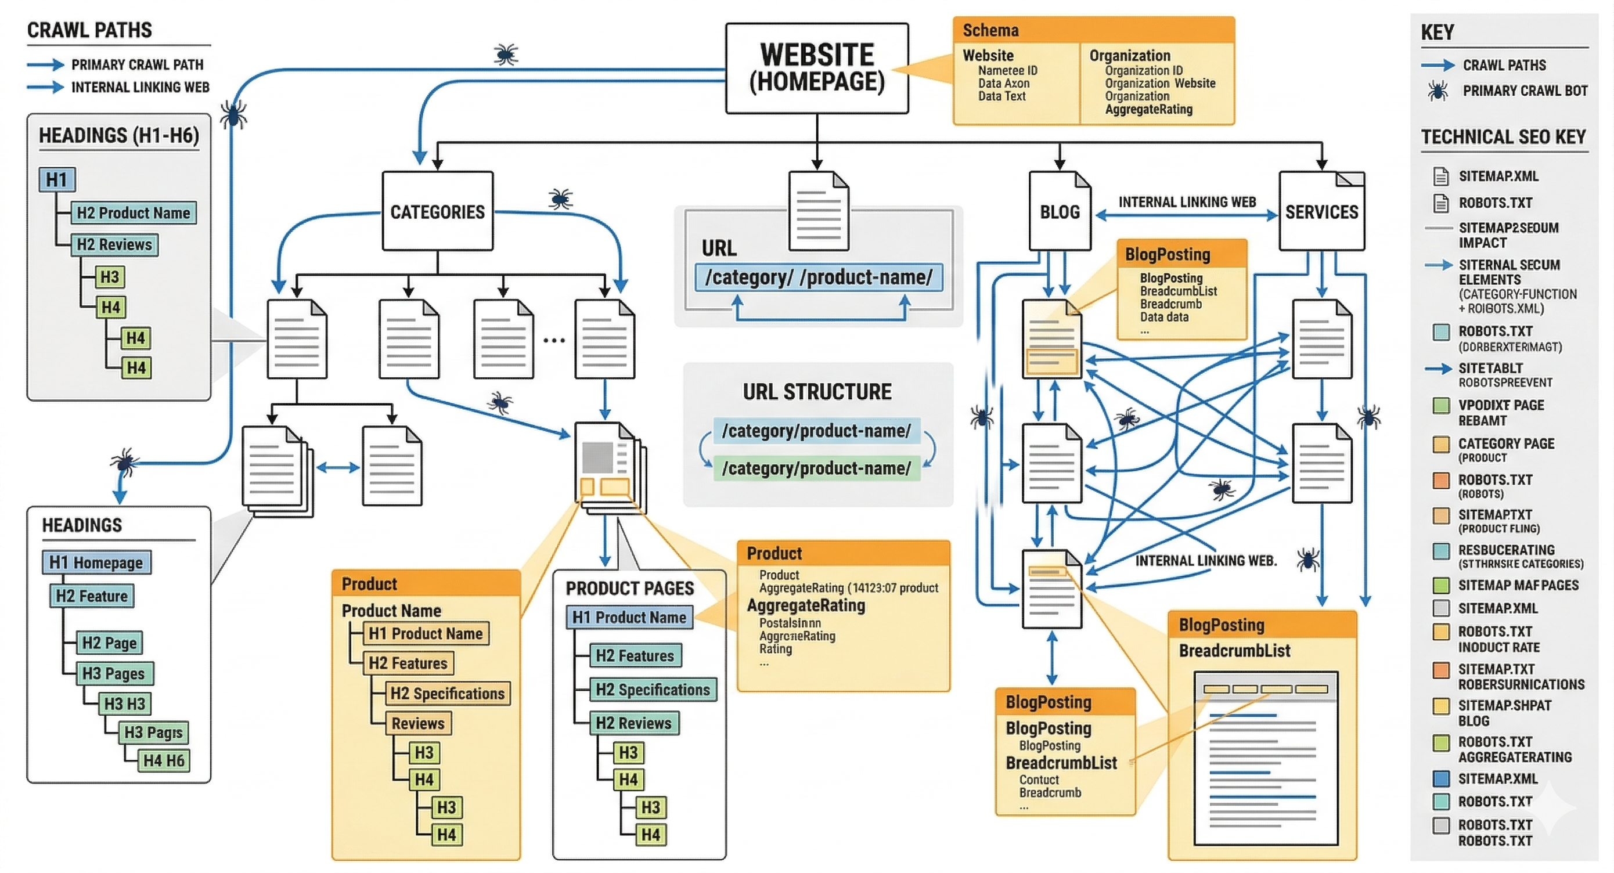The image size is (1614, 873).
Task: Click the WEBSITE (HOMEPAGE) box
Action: (816, 68)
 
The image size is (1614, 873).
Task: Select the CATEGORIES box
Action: (437, 212)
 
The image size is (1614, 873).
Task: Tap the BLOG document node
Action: (1060, 212)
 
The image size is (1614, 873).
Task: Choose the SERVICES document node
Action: (1321, 212)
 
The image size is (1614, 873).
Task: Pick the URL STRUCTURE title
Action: (817, 392)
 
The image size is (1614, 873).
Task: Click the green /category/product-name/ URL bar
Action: (816, 468)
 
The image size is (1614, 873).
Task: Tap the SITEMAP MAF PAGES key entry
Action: (1518, 586)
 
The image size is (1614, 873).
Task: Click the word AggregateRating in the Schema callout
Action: (1148, 110)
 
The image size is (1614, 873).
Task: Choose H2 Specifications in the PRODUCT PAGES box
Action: (652, 690)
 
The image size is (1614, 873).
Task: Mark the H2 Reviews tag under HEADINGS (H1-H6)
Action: (114, 244)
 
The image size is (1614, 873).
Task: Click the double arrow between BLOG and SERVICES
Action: (1187, 215)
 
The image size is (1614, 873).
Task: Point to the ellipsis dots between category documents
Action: (554, 340)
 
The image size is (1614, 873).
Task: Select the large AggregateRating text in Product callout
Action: (806, 605)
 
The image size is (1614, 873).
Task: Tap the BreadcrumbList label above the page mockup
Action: (1234, 651)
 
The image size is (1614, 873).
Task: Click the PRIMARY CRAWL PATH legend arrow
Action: (45, 64)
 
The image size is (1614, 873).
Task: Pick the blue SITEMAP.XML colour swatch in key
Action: (1441, 778)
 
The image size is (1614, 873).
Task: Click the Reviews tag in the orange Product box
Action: (417, 723)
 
